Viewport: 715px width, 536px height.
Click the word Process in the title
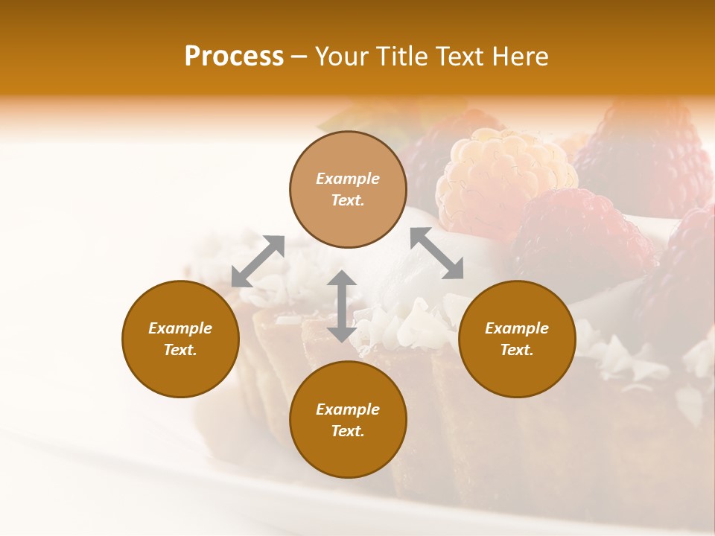[234, 57]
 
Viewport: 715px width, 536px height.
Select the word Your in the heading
[343, 57]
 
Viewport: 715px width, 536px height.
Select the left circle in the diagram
[180, 339]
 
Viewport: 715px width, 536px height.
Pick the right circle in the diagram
[517, 339]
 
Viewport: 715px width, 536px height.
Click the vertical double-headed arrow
[342, 306]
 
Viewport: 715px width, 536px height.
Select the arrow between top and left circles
[258, 261]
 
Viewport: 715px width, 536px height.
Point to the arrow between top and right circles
[436, 253]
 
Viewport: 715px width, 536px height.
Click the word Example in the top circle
[348, 179]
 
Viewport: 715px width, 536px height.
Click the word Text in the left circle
[179, 350]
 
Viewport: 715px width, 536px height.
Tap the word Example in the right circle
[517, 328]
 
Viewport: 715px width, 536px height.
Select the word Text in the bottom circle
[347, 431]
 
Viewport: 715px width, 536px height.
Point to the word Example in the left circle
[180, 328]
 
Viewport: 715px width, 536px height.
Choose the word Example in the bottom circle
[348, 409]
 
